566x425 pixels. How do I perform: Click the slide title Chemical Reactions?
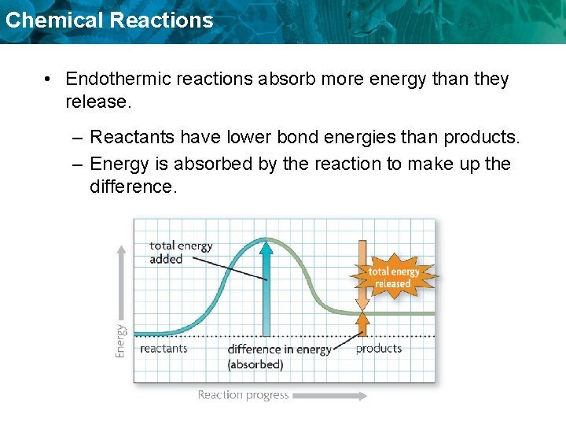[x=108, y=20]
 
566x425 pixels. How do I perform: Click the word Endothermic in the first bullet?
[x=116, y=79]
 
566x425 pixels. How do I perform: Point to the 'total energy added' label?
[x=180, y=252]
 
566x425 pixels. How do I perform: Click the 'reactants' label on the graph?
[x=164, y=349]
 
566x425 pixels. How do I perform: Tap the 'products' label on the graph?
[x=379, y=349]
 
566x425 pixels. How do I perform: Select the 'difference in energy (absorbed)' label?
[x=279, y=357]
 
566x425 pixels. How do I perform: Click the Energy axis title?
[x=120, y=341]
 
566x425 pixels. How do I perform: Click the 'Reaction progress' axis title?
[x=243, y=395]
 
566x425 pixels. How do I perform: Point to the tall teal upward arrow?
[x=266, y=287]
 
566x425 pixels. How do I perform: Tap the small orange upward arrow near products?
[x=362, y=323]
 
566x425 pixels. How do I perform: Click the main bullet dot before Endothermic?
[x=48, y=79]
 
